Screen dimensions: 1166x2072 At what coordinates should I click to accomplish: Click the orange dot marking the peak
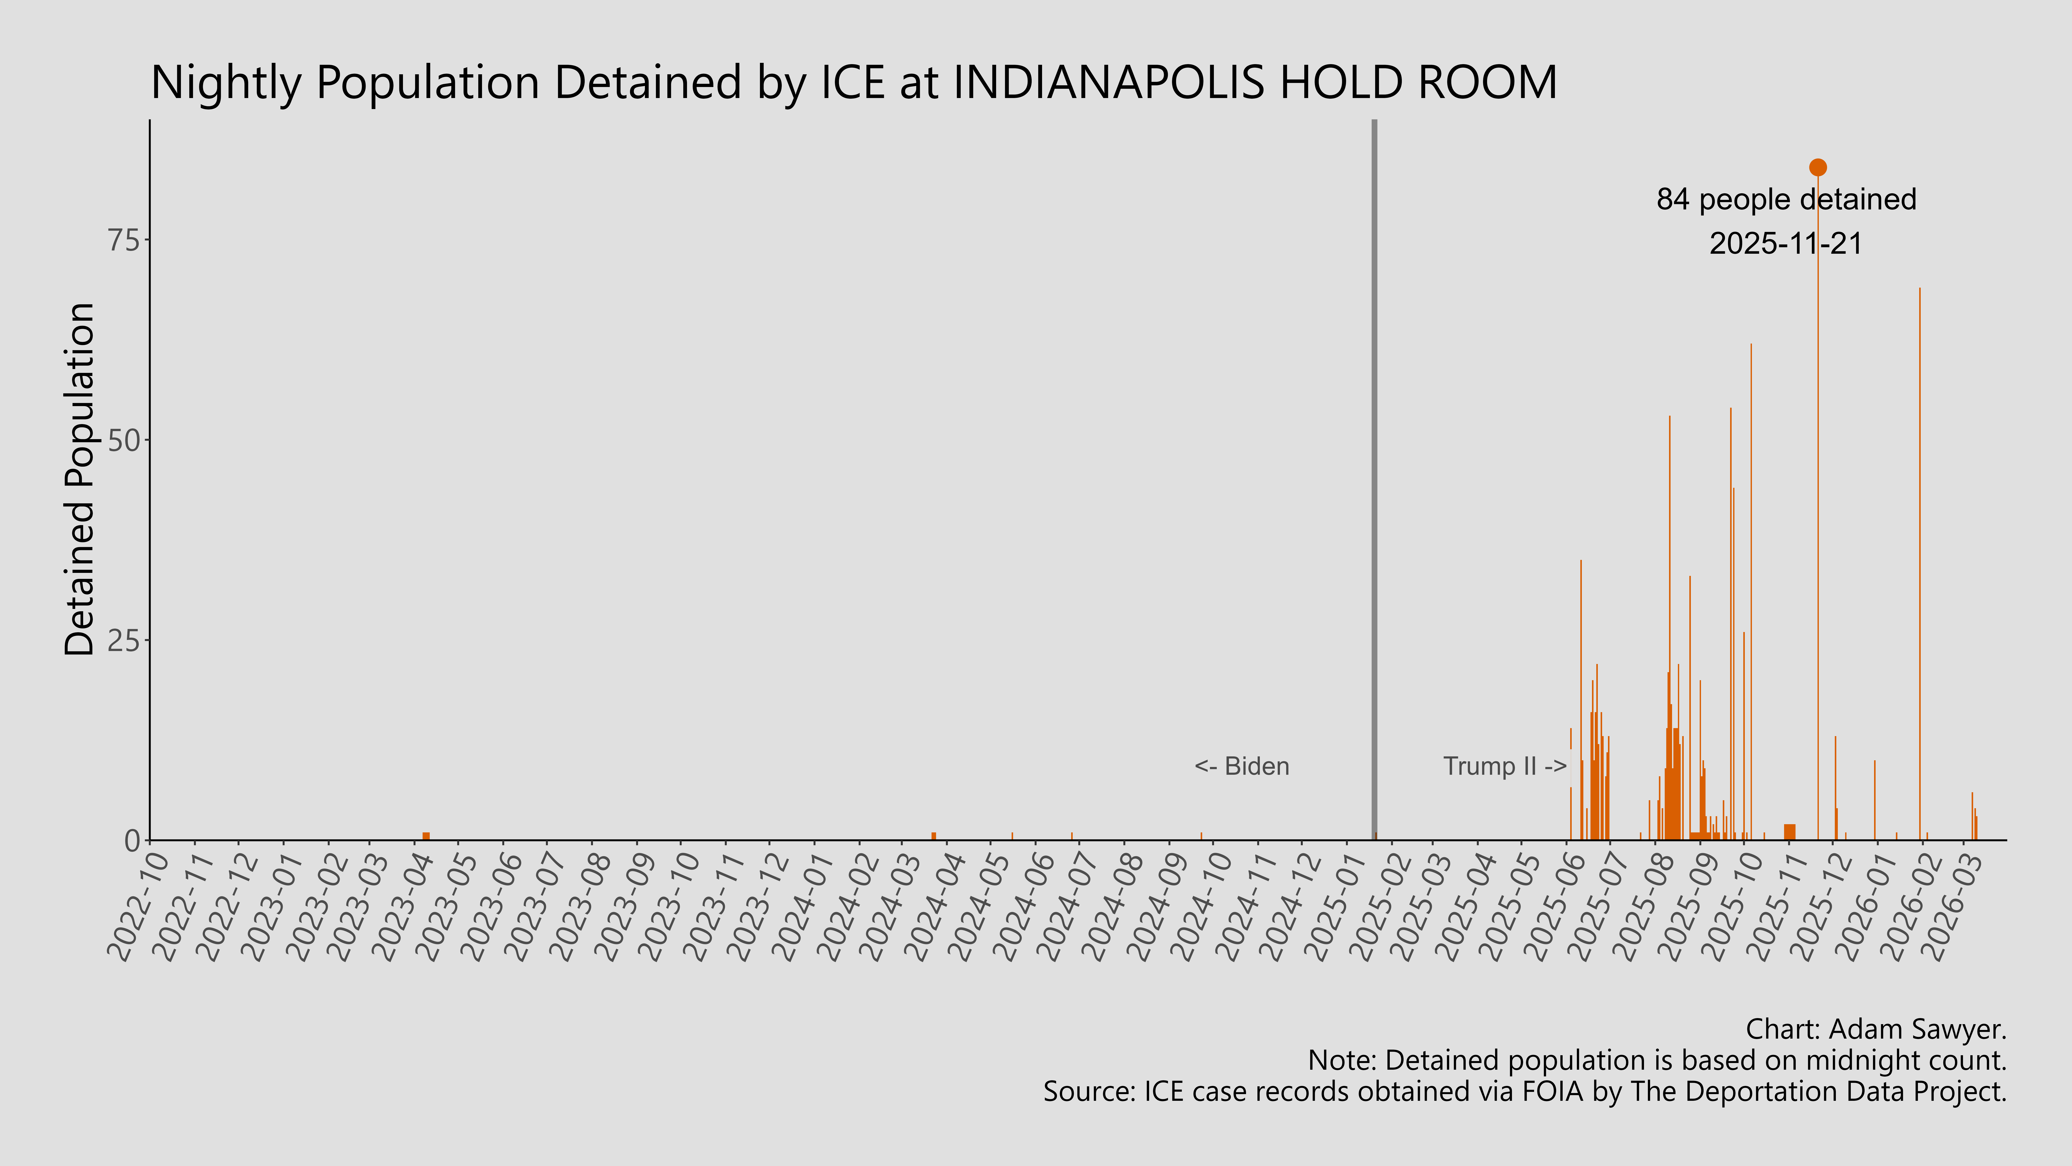point(1817,167)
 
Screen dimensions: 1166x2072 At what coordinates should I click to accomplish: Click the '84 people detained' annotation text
point(1786,200)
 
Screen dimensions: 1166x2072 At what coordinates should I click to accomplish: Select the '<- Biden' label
point(1241,766)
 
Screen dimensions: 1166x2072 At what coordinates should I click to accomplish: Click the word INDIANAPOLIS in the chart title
point(1108,83)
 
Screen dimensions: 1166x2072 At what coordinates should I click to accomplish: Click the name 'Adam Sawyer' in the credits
point(1914,1029)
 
